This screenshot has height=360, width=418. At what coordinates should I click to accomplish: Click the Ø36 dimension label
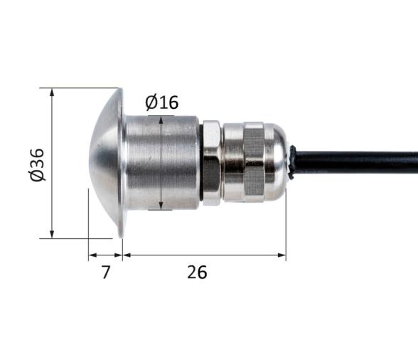[x=38, y=164]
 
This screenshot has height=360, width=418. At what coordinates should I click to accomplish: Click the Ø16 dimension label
[x=161, y=102]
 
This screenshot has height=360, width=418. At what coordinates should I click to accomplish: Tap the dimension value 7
[x=106, y=272]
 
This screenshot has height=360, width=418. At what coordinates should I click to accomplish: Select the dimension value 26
[x=197, y=272]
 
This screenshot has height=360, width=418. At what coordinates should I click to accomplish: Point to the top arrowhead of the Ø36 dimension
[x=53, y=92]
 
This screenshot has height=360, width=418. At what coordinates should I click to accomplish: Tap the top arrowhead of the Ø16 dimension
[x=162, y=120]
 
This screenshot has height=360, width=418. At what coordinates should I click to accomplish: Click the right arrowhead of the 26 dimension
[x=282, y=254]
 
